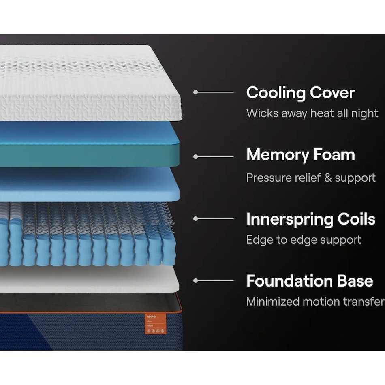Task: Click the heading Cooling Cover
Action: pyautogui.click(x=300, y=93)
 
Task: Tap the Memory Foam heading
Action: pyautogui.click(x=300, y=155)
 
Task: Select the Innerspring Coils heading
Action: pyautogui.click(x=310, y=219)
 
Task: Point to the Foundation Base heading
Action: pyautogui.click(x=310, y=281)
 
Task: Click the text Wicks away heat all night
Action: pyautogui.click(x=312, y=113)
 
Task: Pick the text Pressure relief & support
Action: pyautogui.click(x=311, y=178)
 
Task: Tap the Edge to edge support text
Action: pyautogui.click(x=304, y=240)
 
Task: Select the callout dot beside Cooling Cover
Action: pyautogui.click(x=196, y=92)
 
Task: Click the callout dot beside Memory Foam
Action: pyautogui.click(x=196, y=156)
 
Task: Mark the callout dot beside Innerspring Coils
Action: pyautogui.click(x=196, y=219)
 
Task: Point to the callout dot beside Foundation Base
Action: pyautogui.click(x=196, y=280)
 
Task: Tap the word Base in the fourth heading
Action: pyautogui.click(x=354, y=281)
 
